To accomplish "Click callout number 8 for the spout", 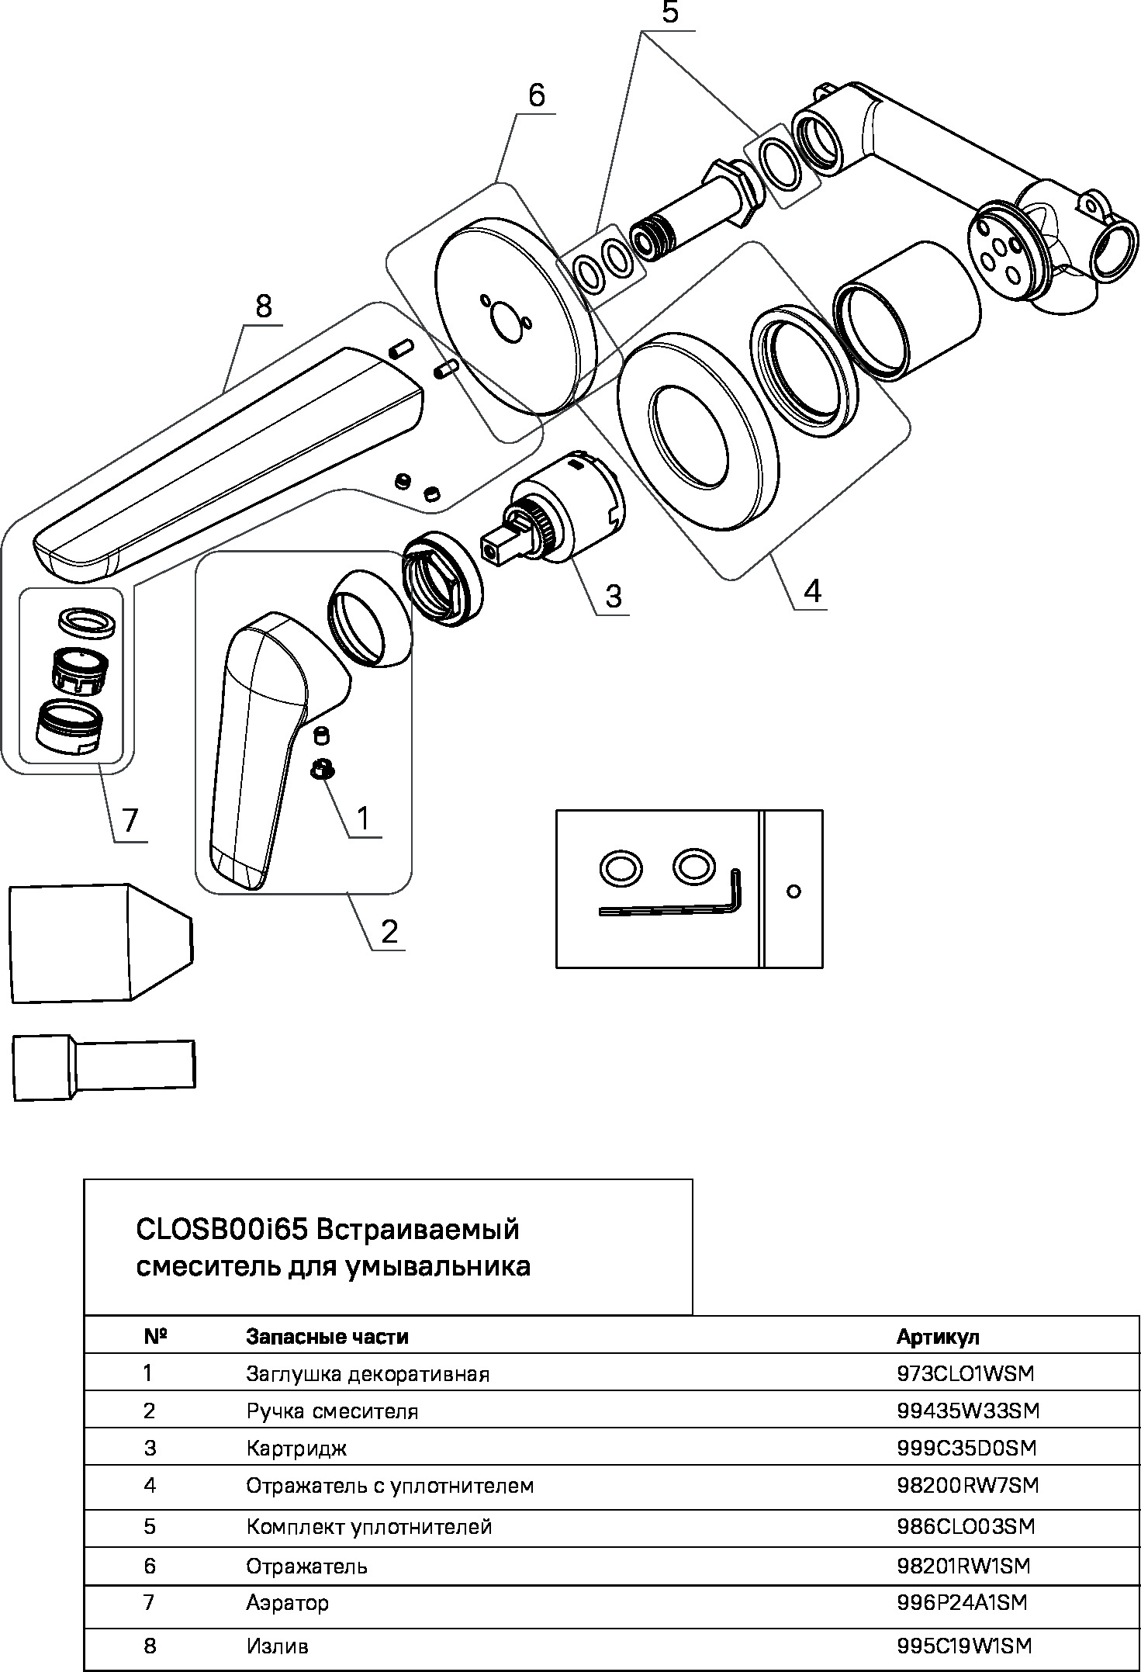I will click(264, 307).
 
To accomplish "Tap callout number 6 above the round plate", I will click(536, 95).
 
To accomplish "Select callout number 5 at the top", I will click(669, 15).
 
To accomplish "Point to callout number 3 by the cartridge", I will click(613, 597).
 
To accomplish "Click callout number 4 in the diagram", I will click(811, 591).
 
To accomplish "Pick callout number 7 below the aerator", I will click(130, 820).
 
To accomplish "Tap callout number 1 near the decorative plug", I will click(362, 817).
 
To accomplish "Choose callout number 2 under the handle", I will click(389, 931).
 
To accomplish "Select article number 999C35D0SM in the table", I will click(966, 1448).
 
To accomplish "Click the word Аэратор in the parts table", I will click(287, 1602).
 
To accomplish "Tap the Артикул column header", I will click(938, 1337).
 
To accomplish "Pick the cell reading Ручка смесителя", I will click(332, 1411).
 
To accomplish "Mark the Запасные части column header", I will click(327, 1337).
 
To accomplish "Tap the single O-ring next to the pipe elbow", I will click(782, 164).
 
